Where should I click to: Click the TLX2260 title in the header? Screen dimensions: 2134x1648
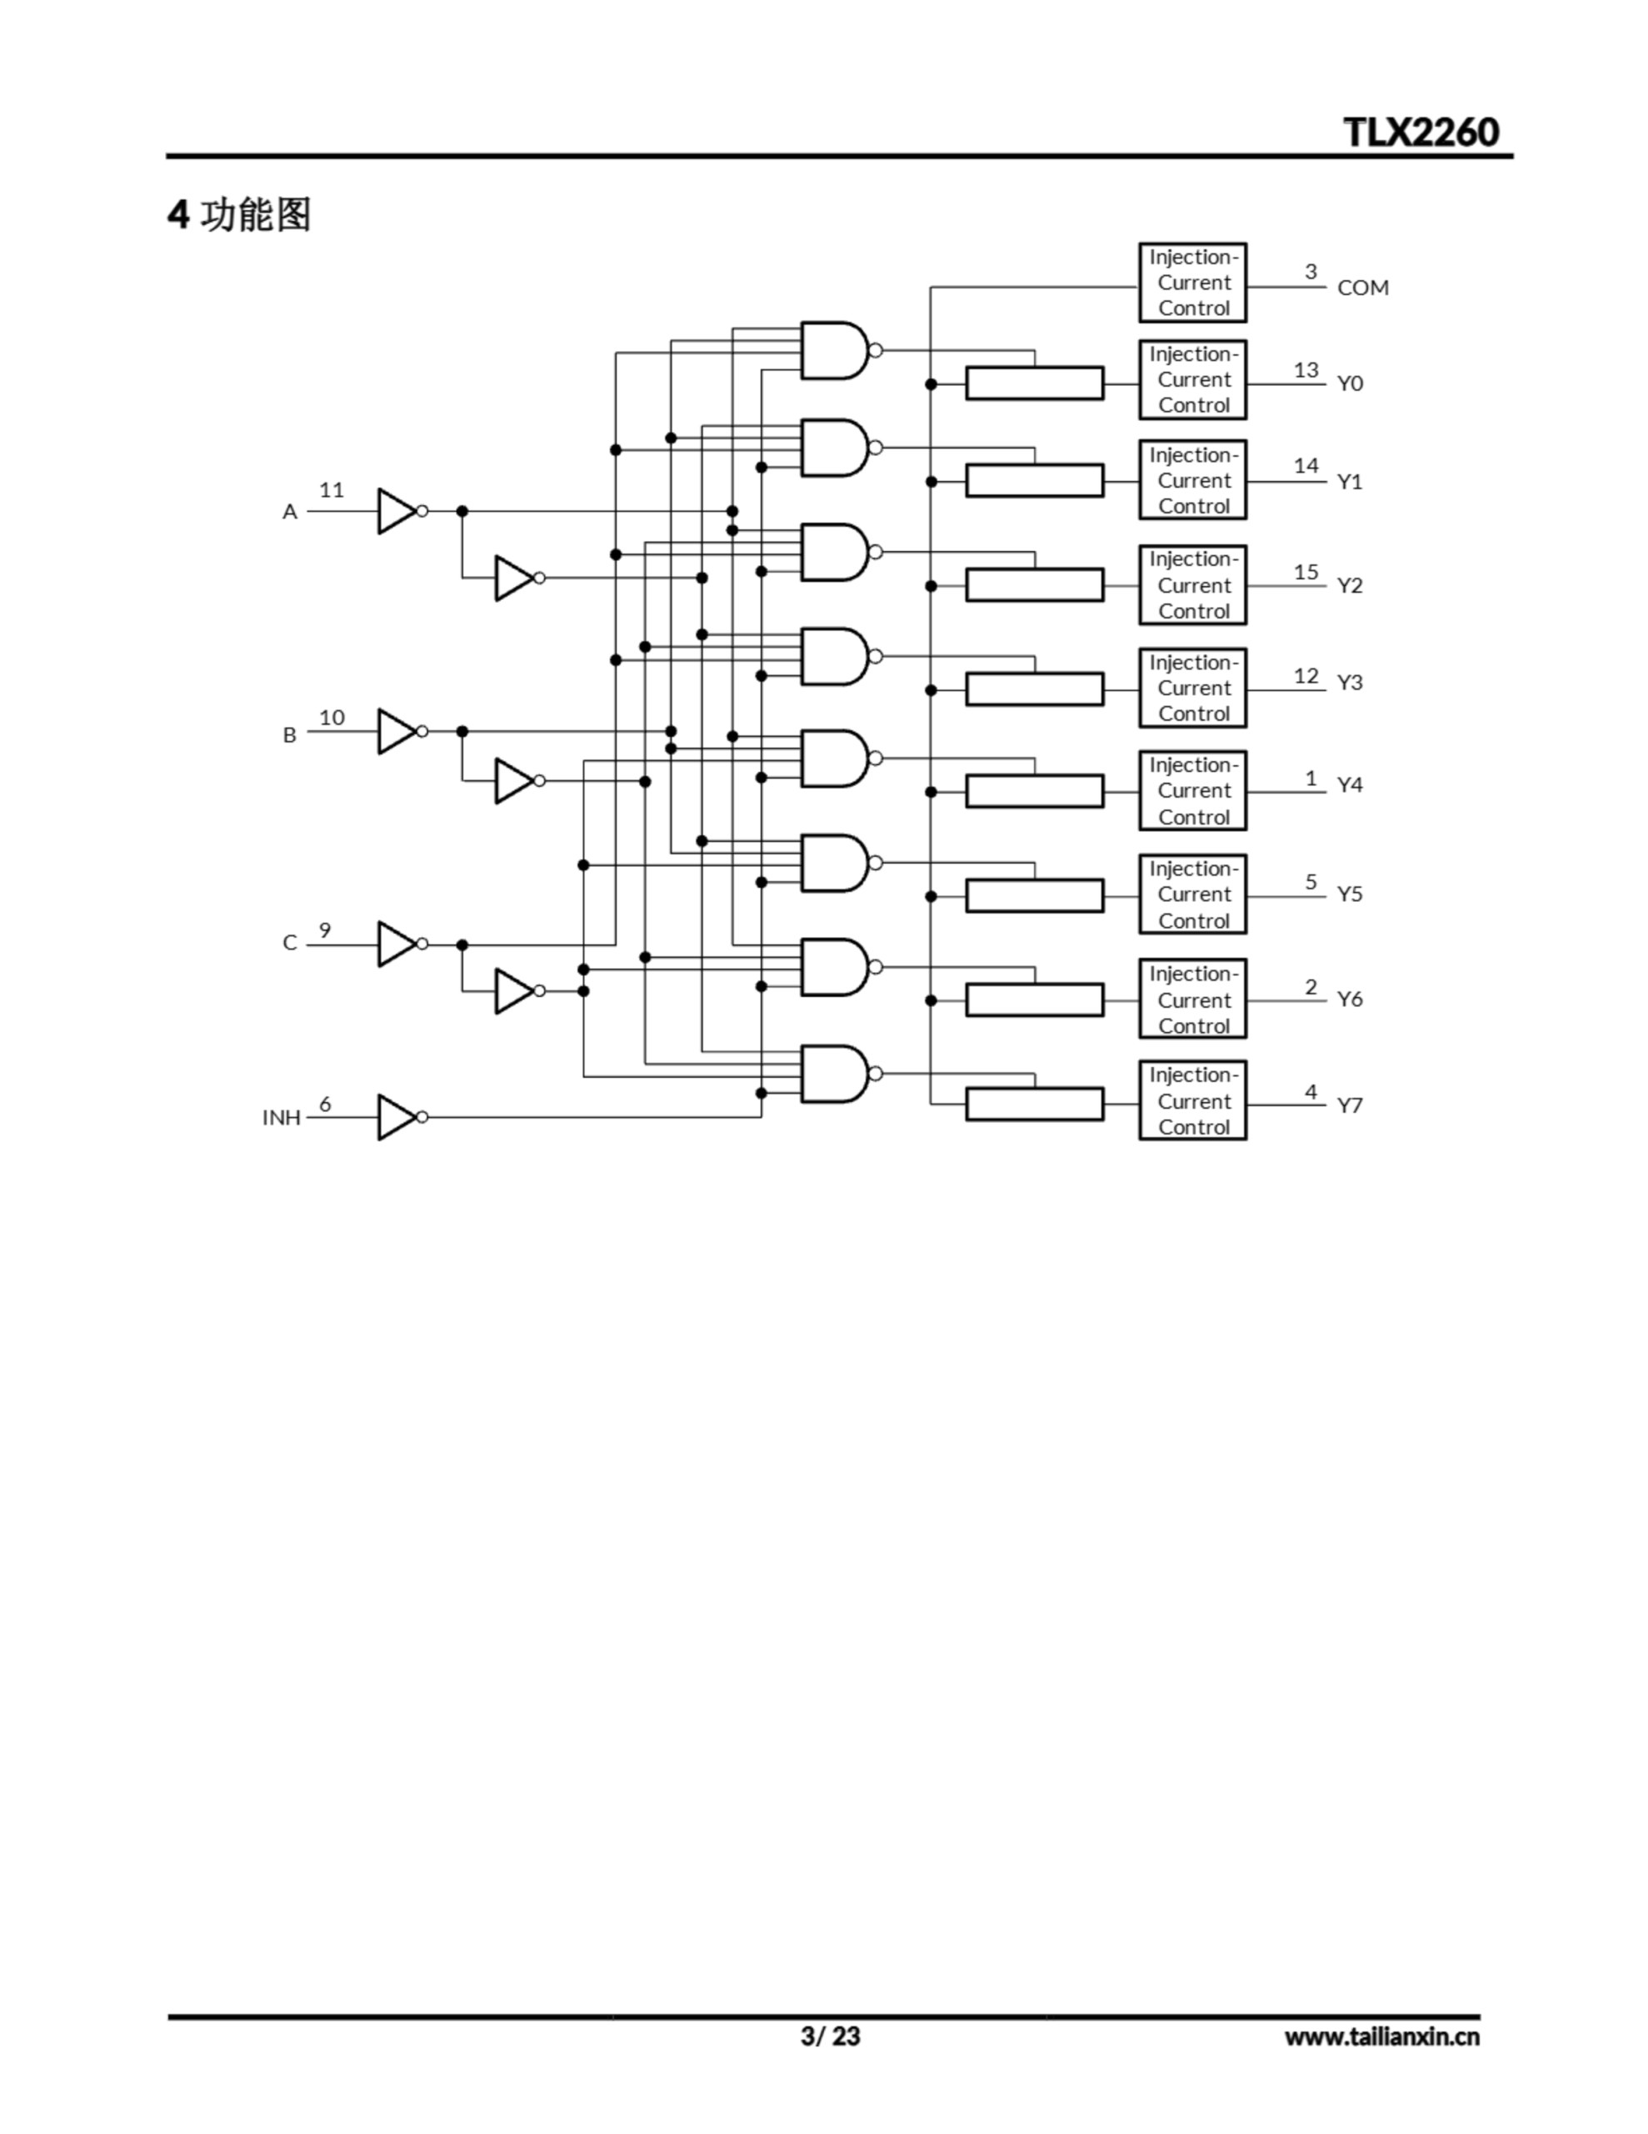pos(1421,132)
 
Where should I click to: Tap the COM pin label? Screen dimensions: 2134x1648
pos(1361,288)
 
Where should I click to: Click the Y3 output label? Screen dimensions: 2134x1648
pos(1349,682)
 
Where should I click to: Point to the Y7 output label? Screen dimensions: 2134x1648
pos(1349,1105)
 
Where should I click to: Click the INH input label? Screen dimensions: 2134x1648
pos(282,1117)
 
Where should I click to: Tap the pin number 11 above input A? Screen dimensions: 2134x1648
pos(331,489)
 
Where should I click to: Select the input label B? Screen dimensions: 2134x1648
pos(289,734)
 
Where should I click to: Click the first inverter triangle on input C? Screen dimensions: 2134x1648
pos(396,944)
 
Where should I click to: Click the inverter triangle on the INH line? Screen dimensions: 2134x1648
pos(396,1117)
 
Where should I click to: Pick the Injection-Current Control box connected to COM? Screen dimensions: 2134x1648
pos(1191,283)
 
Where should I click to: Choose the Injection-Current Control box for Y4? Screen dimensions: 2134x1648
pos(1191,790)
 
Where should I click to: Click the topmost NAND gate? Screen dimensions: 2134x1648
pos(833,350)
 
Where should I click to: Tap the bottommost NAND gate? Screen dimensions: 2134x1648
pos(833,1074)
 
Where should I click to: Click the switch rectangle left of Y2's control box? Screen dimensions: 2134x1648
pos(1034,585)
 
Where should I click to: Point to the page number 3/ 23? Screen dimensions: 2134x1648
pos(831,2036)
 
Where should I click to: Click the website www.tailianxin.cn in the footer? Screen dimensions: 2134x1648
pos(1381,2036)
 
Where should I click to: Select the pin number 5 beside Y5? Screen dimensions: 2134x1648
pos(1311,881)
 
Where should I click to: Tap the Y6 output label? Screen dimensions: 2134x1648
pos(1349,999)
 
